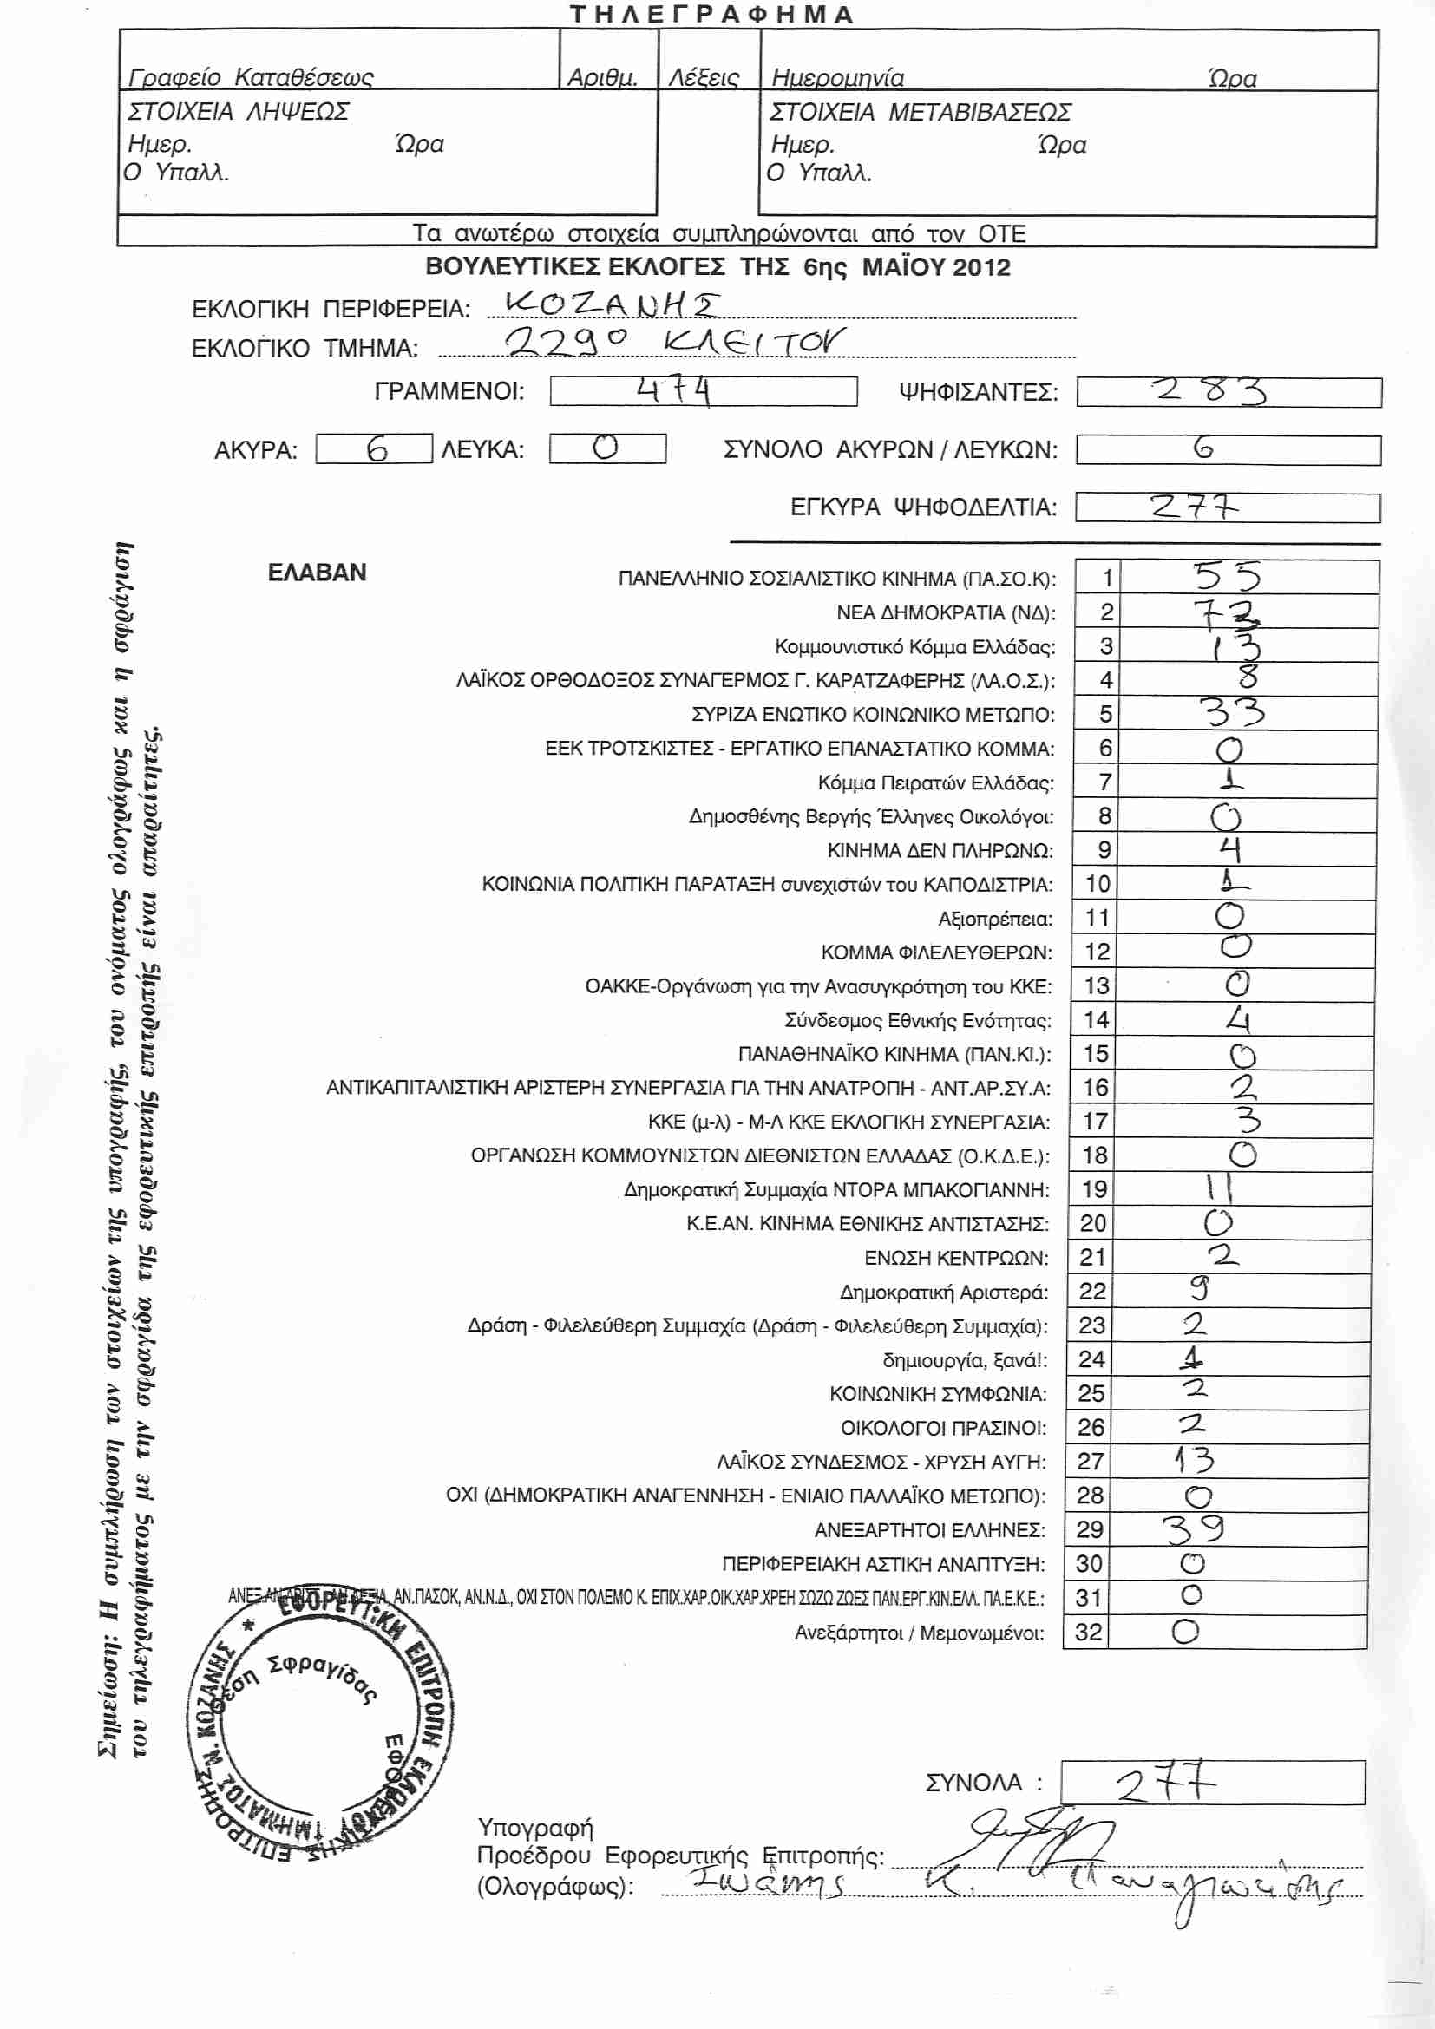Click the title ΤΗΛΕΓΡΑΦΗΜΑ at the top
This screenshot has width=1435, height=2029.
pyautogui.click(x=711, y=14)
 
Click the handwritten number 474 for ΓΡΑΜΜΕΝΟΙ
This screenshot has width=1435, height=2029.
pyautogui.click(x=673, y=389)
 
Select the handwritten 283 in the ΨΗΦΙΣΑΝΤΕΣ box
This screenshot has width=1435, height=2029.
pyautogui.click(x=1209, y=390)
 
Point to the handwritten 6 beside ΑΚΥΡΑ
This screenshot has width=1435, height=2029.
pyautogui.click(x=377, y=450)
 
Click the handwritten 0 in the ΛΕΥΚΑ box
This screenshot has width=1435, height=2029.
pyautogui.click(x=606, y=448)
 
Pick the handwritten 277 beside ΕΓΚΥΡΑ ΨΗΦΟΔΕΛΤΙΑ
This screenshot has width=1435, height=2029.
pyautogui.click(x=1193, y=507)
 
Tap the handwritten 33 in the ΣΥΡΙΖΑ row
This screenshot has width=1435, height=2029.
pyautogui.click(x=1235, y=712)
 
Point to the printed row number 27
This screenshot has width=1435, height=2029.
pyautogui.click(x=1091, y=1462)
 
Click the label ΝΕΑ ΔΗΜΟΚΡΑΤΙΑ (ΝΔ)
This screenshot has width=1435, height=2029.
pyautogui.click(x=946, y=612)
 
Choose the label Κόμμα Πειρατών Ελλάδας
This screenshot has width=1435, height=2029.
pyautogui.click(x=936, y=783)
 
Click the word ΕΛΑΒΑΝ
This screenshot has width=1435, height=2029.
pyautogui.click(x=317, y=573)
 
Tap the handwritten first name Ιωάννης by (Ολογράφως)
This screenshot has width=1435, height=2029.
pyautogui.click(x=769, y=1881)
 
